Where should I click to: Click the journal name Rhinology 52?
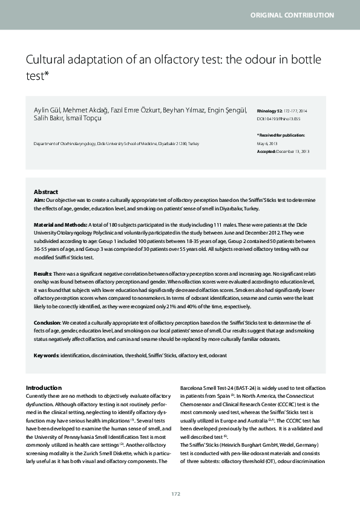click(270, 111)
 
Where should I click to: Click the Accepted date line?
click(283, 151)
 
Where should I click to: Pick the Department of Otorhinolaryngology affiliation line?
click(116, 143)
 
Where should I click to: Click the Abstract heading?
click(46, 192)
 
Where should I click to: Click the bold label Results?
click(44, 274)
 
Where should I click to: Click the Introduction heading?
click(44, 387)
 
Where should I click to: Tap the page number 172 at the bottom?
click(175, 494)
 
